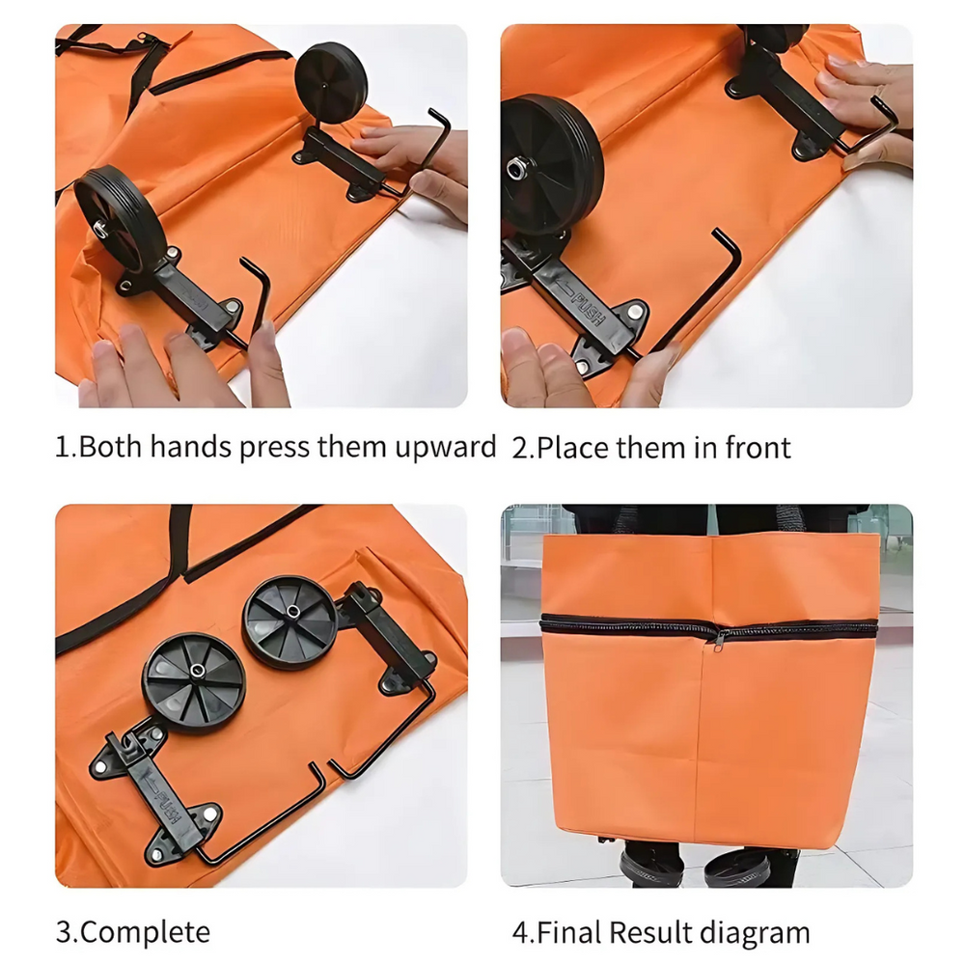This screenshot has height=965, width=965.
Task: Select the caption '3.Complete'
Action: tap(132, 932)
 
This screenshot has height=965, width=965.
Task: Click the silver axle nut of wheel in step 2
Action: tap(516, 169)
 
